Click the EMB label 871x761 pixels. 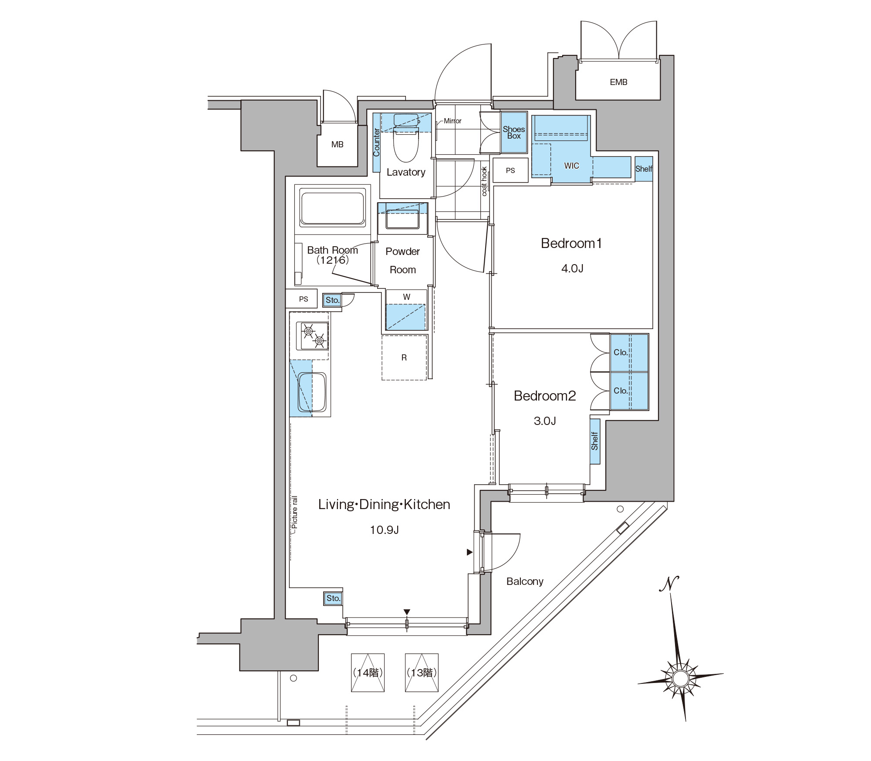coord(618,82)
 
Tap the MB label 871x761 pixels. coord(337,144)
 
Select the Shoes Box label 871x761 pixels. coord(514,132)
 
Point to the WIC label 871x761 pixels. coord(571,166)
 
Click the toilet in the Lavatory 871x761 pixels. coord(406,137)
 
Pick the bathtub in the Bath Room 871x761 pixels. coord(332,208)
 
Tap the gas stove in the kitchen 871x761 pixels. coord(312,336)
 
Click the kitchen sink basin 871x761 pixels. coord(312,392)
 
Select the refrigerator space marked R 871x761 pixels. coord(404,357)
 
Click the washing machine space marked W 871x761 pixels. coord(406,309)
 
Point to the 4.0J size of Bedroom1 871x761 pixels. coord(572,268)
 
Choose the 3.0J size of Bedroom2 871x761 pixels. coord(545,421)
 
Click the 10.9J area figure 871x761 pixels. coord(385,530)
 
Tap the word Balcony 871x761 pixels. coord(525,581)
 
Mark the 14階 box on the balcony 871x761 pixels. coord(368,673)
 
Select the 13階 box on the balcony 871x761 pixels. coord(422,673)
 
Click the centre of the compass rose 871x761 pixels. coord(680,678)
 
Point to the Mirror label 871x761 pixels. coord(452,121)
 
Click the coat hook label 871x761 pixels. coord(484,181)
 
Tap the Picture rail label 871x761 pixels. coord(295,513)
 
